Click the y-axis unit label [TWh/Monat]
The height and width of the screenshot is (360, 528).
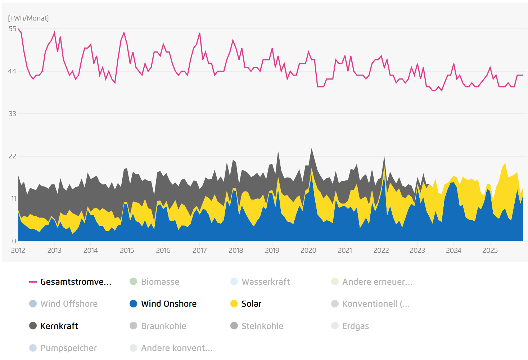28,18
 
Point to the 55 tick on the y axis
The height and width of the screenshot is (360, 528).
13,29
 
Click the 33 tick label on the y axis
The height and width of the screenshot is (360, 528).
13,114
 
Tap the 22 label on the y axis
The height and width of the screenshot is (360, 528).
13,156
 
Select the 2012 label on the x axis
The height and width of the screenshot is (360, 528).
18,251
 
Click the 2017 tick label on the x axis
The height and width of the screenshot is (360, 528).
199,251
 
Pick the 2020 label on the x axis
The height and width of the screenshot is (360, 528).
308,251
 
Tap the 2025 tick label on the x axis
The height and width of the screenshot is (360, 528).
490,251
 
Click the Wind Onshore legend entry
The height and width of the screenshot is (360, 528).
168,304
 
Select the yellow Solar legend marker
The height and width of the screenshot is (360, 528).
234,304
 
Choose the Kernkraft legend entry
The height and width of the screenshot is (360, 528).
59,326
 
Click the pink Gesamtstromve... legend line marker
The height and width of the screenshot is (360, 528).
33,282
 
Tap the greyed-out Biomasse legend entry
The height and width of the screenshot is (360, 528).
160,282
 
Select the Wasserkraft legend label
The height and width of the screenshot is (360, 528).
266,282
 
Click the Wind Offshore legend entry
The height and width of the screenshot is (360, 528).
69,304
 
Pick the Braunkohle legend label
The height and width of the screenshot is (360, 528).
163,326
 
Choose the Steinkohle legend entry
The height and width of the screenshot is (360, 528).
262,326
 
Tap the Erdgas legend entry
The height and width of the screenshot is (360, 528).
355,326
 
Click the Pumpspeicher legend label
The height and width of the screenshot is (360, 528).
68,348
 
